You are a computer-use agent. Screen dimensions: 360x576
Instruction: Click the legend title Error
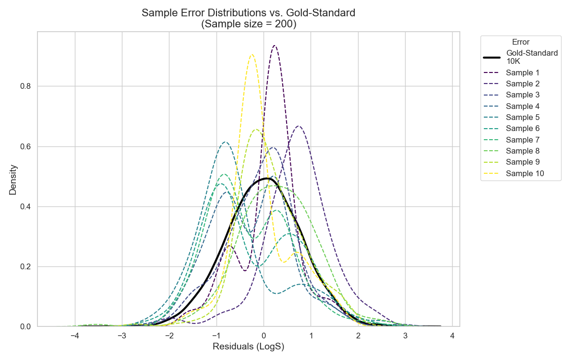[520, 42]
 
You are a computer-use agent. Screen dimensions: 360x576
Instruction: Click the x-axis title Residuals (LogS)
[249, 347]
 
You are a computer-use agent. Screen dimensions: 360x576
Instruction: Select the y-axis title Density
[13, 180]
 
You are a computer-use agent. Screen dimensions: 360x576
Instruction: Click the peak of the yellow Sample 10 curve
[252, 55]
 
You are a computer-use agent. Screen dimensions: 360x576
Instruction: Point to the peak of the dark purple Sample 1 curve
[274, 46]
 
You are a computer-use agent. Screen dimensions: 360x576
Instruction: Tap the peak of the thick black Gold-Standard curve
[266, 178]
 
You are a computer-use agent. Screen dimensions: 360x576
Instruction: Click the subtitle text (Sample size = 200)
[249, 24]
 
